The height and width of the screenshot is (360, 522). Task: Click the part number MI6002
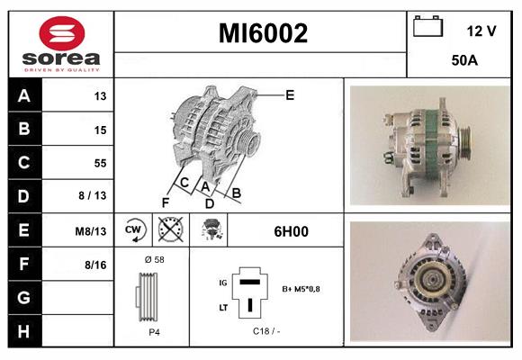pyautogui.click(x=263, y=34)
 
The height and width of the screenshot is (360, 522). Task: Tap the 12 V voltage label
pyautogui.click(x=481, y=31)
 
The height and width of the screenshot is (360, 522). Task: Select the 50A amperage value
pyautogui.click(x=463, y=61)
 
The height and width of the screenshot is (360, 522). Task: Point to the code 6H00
pyautogui.click(x=291, y=231)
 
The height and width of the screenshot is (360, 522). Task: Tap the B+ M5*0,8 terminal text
pyautogui.click(x=300, y=290)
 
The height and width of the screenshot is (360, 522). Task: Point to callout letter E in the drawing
pyautogui.click(x=289, y=94)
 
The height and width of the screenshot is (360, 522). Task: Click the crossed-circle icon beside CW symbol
pyautogui.click(x=169, y=230)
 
